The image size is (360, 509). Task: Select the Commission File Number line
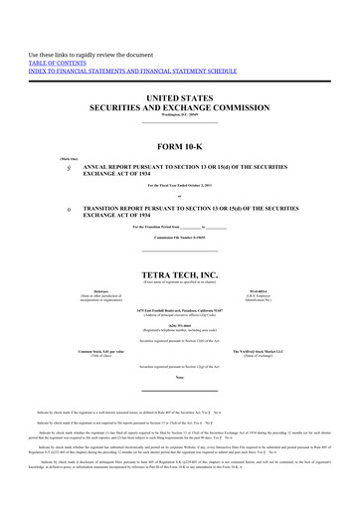click(x=180, y=240)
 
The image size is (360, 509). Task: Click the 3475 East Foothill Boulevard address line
click(x=180, y=310)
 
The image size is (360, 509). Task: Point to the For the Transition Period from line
click(x=180, y=229)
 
